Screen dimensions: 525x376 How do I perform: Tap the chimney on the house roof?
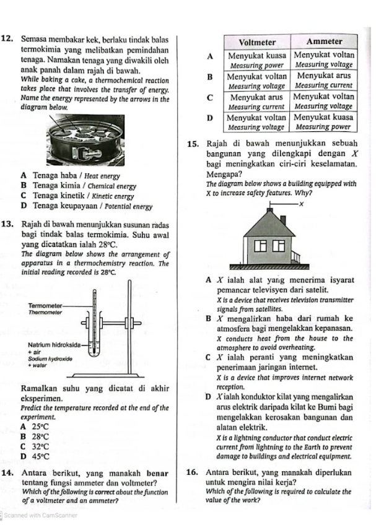[x=282, y=220]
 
